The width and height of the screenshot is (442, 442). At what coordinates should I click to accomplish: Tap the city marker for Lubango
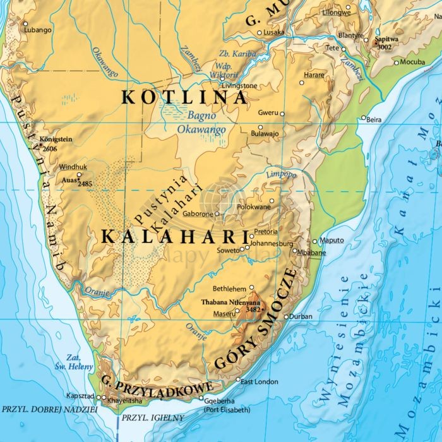pos(26,24)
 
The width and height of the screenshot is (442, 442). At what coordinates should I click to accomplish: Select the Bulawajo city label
pos(265,134)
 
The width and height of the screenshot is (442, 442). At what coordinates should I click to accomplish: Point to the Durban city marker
pos(286,317)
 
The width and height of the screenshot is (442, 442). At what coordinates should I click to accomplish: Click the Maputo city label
pos(332,240)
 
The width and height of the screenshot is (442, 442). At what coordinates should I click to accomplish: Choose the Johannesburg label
pos(272,243)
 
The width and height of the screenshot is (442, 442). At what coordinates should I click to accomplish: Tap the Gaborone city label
pos(199,214)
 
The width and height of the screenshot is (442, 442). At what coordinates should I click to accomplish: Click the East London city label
pos(260,381)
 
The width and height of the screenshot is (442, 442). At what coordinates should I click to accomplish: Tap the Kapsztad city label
pos(80,396)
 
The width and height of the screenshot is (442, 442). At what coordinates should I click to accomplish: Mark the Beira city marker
pos(363,117)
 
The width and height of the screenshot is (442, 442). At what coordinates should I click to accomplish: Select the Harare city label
pos(314,75)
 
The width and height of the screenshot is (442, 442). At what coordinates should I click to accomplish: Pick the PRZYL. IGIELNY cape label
pos(153,417)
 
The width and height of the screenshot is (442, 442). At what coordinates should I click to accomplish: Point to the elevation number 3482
pos(253,309)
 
